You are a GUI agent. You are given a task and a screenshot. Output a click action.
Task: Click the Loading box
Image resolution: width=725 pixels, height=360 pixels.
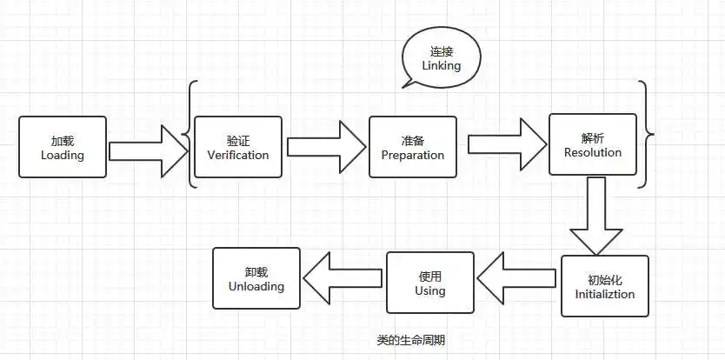tap(63, 147)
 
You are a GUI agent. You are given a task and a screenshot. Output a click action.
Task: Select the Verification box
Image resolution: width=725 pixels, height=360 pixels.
tap(238, 147)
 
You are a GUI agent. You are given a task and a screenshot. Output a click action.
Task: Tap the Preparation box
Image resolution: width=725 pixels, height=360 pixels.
tap(412, 147)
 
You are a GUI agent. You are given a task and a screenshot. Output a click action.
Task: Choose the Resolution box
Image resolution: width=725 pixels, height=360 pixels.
tap(592, 144)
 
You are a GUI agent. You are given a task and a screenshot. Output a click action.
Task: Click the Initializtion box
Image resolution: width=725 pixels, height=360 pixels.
tap(604, 286)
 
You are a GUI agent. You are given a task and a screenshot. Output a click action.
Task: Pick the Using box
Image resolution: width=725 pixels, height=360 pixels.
tap(430, 283)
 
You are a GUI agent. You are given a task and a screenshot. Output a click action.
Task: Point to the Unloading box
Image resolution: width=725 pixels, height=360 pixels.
tap(256, 278)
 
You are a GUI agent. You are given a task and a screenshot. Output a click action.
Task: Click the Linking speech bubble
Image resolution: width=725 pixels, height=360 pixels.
tap(442, 57)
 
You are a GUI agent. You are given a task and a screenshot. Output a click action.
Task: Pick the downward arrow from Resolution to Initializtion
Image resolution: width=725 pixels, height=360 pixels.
tap(595, 214)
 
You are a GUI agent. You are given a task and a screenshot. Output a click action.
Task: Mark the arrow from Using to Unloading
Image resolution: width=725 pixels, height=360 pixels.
tap(343, 277)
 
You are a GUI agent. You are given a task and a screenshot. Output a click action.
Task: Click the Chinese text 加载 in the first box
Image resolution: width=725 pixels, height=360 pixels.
tap(63, 140)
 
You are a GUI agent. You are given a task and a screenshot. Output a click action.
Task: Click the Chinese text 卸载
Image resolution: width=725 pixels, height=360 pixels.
tap(256, 271)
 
